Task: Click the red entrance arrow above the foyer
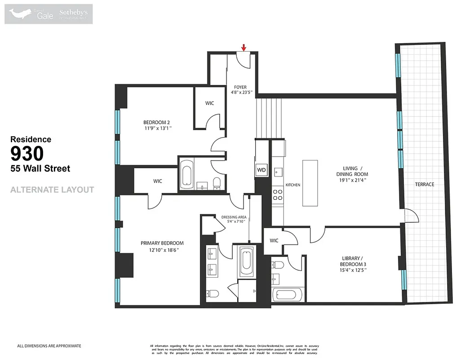(244, 48)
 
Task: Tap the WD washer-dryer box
(261, 170)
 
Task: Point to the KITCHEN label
(292, 185)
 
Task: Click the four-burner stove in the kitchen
(278, 194)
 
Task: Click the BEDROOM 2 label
(156, 122)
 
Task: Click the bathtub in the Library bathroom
(284, 295)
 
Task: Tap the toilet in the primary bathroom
(213, 294)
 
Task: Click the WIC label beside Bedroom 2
(209, 103)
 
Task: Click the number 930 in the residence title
(27, 154)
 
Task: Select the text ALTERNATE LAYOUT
(52, 190)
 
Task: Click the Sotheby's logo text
(73, 13)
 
